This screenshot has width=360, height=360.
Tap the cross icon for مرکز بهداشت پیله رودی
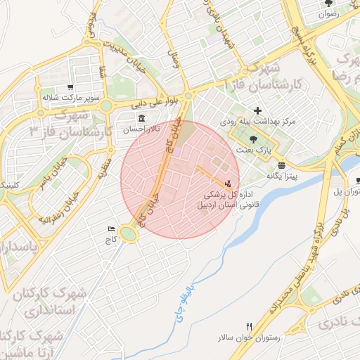click(x=258, y=110)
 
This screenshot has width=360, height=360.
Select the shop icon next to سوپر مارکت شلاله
click(x=70, y=87)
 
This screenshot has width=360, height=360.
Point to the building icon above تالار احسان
click(x=142, y=117)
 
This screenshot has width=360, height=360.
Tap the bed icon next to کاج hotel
click(x=110, y=229)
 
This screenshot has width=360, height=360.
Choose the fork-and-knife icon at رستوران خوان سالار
click(x=249, y=326)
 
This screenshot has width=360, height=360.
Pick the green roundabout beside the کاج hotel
click(x=129, y=231)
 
